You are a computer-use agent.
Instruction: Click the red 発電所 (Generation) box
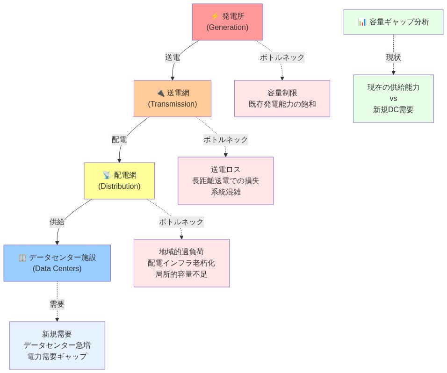[227, 22]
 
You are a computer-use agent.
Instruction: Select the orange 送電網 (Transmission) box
[172, 99]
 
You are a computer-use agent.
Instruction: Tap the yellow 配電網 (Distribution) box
[119, 181]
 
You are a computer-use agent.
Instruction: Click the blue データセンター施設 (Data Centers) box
[57, 263]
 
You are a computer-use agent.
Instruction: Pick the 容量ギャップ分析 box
[393, 22]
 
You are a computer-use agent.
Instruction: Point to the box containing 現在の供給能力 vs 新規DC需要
[393, 99]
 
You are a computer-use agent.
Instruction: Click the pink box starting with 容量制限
[282, 99]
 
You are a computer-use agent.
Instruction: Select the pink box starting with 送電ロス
[225, 181]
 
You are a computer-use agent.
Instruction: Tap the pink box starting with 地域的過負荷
[181, 263]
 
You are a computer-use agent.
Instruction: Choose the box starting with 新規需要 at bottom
[57, 345]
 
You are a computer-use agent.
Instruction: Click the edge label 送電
[172, 57]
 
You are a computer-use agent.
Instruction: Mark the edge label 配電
[119, 140]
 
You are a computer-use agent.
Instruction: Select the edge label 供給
[57, 222]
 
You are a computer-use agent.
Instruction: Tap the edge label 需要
[57, 304]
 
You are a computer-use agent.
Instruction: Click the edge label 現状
[393, 57]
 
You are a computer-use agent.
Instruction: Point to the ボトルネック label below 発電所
[282, 57]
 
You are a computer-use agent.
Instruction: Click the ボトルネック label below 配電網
[181, 222]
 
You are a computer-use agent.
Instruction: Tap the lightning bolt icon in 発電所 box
[215, 16]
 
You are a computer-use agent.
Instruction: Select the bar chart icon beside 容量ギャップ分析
[362, 22]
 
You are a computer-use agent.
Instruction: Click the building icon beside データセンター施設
[22, 258]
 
